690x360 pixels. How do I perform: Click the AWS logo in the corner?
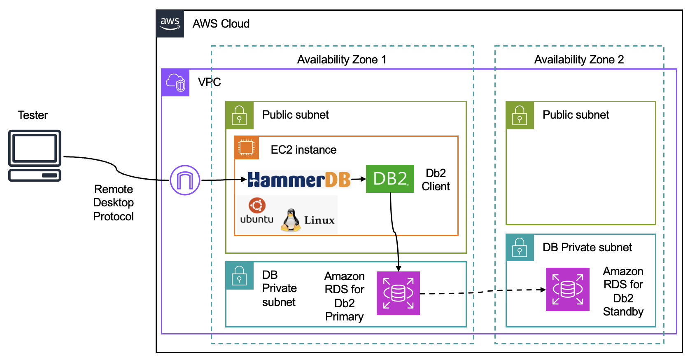tap(170, 24)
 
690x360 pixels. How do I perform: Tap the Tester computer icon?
tap(35, 156)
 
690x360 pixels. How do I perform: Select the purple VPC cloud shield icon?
tap(175, 82)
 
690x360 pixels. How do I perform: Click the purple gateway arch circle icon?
tap(185, 180)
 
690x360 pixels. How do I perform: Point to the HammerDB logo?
tap(299, 180)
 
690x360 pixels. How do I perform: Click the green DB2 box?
tap(390, 179)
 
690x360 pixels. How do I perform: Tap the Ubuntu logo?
tap(257, 205)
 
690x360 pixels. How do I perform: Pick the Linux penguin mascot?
tap(291, 220)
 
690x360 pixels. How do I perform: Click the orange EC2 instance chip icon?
tap(246, 147)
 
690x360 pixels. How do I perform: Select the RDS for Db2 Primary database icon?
tap(398, 293)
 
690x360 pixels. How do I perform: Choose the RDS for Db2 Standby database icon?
tap(567, 289)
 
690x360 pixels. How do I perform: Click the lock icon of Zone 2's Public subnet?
tap(520, 115)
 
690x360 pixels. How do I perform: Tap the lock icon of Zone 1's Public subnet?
tap(239, 115)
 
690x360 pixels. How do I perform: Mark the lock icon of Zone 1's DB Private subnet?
tap(239, 276)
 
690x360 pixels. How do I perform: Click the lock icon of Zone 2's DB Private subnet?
tap(520, 247)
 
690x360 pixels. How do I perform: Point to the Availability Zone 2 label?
tap(579, 60)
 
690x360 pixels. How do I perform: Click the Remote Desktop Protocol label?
tap(114, 203)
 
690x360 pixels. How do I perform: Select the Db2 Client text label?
tap(436, 180)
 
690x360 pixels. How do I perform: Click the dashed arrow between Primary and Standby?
tap(482, 292)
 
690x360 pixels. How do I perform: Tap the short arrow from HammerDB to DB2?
tap(358, 179)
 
